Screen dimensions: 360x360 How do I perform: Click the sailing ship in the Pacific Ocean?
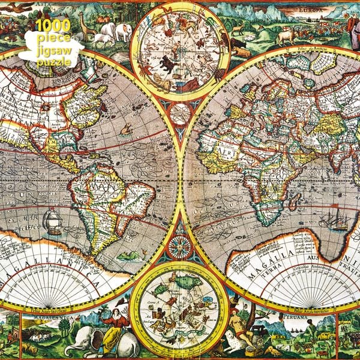(53, 220)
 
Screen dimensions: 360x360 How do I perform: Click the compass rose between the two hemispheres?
(179, 245)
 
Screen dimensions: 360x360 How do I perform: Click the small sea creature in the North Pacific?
(125, 128)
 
